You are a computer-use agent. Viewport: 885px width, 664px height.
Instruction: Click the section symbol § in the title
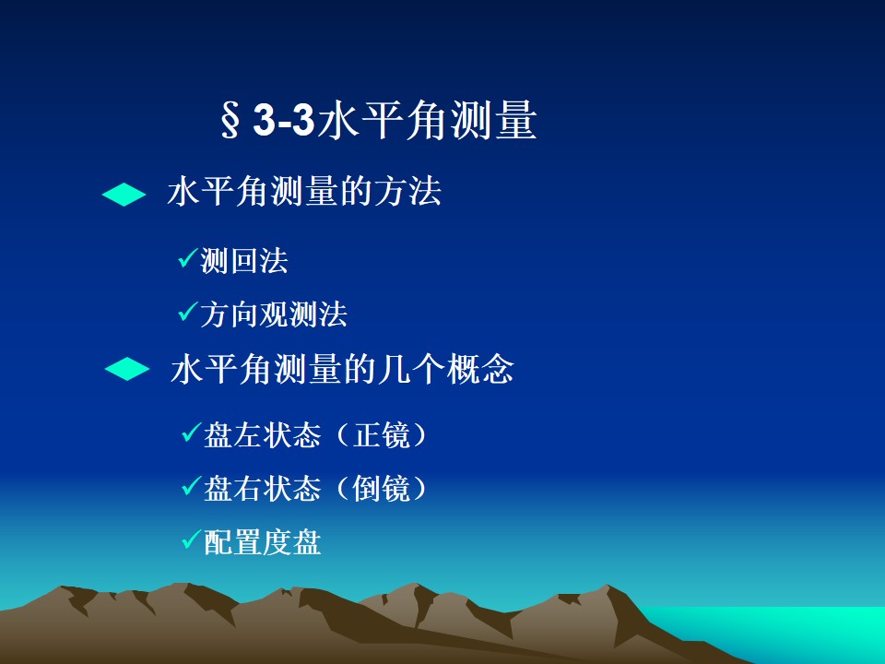pos(230,120)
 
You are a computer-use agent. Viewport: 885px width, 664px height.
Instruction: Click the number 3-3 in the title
pos(283,120)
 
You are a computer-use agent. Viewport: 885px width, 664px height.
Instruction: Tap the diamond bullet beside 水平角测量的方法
pos(124,195)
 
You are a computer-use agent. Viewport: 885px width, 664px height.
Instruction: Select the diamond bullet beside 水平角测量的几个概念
pos(127,369)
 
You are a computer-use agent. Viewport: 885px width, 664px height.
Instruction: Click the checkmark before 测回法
pos(188,258)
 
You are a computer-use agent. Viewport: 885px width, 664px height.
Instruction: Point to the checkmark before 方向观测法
pos(188,311)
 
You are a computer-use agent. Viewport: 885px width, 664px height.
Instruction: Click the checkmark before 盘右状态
pos(192,486)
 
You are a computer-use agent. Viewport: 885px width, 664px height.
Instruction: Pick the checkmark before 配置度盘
pos(192,539)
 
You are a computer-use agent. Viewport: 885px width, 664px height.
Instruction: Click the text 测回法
pos(244,261)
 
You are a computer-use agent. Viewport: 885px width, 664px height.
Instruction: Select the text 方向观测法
pos(274,314)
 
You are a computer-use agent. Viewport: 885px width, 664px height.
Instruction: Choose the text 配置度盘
pos(263,542)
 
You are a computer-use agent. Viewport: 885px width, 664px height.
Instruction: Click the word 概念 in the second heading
pos(480,369)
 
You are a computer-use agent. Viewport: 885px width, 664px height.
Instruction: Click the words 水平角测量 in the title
pos(427,120)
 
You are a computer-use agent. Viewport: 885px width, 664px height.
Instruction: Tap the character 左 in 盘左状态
pos(248,435)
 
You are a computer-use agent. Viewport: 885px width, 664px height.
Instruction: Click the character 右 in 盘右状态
pos(248,489)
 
